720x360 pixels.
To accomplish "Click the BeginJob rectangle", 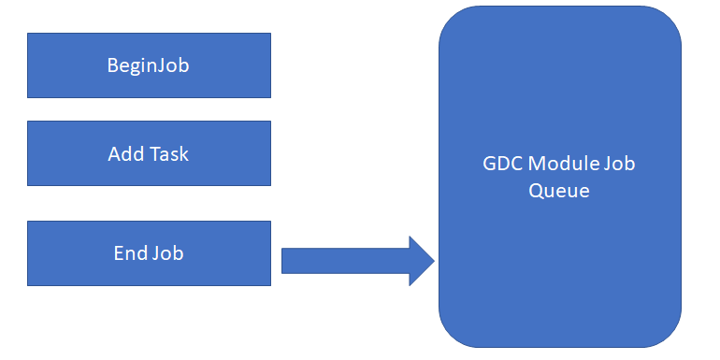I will click(149, 65).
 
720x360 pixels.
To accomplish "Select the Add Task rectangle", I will click(149, 152).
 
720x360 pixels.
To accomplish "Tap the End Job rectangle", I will click(149, 252).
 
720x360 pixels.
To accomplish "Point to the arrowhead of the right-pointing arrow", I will click(422, 260).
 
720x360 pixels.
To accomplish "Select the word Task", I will click(168, 153).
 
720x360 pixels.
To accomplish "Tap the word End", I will click(130, 252).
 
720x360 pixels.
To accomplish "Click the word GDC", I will click(497, 165).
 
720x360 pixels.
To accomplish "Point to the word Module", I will click(561, 165).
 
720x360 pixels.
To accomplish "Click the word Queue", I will click(559, 190).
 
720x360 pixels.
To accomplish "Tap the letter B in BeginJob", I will click(112, 65).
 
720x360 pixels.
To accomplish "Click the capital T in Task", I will click(154, 153).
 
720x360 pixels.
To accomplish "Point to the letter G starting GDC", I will click(484, 165).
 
